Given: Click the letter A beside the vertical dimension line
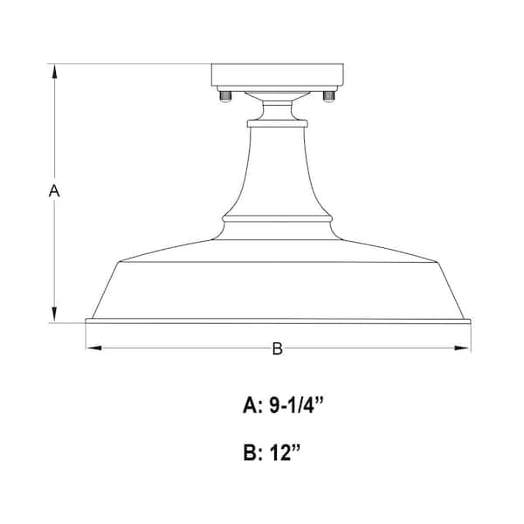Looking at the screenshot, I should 53,190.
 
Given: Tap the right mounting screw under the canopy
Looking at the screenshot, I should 329,94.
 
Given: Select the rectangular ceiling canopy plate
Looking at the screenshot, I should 277,76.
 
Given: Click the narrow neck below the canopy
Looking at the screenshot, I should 277,112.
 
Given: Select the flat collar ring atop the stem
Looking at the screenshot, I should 277,124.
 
